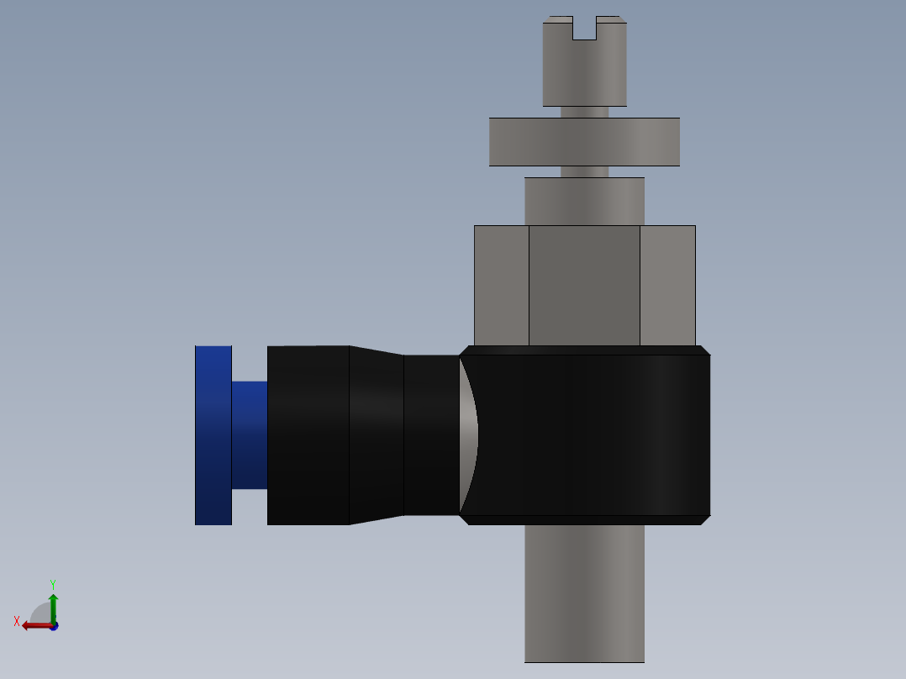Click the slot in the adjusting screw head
coord(585,29)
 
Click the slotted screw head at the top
coord(585,71)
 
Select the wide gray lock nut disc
coord(585,141)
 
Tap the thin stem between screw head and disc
coord(585,112)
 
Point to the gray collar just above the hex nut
coord(585,201)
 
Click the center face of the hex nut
coord(585,286)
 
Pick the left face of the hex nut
coord(502,286)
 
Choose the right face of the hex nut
coord(667,286)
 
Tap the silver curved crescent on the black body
coord(469,435)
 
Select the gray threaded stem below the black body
coord(585,592)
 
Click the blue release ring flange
coord(213,435)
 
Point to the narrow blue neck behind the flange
coord(250,435)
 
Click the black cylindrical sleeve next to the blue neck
coord(308,435)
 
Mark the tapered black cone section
coord(377,435)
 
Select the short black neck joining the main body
coord(430,435)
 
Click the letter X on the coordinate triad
coord(17,622)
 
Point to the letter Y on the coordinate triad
coord(53,584)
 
